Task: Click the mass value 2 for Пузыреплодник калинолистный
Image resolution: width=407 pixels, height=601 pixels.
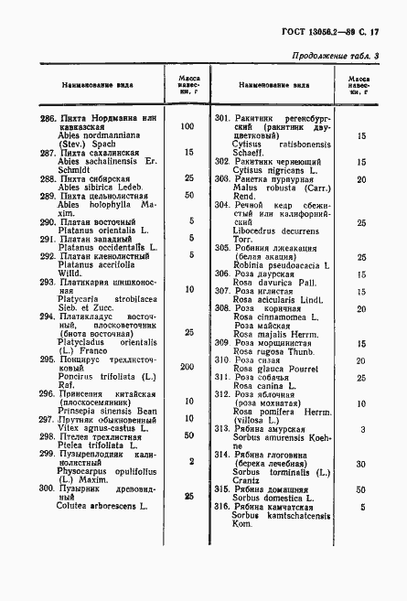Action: [190, 461]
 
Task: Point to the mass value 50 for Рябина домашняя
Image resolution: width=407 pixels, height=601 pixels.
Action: [362, 488]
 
